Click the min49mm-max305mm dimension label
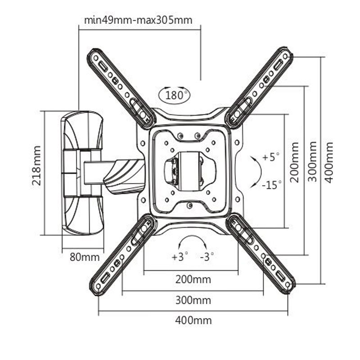pyautogui.click(x=138, y=20)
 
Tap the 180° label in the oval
pyautogui.click(x=174, y=95)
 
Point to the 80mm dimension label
pyautogui.click(x=84, y=257)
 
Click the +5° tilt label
pyautogui.click(x=271, y=157)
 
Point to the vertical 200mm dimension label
pyautogui.click(x=294, y=162)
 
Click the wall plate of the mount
pyautogui.click(x=81, y=173)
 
